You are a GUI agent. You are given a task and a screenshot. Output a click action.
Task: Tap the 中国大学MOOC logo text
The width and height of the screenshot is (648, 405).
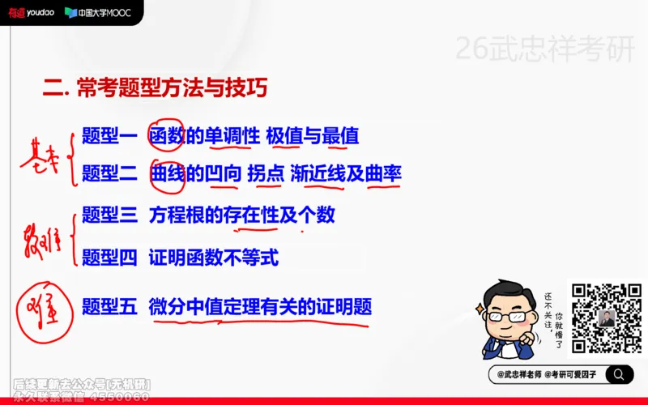(x=98, y=12)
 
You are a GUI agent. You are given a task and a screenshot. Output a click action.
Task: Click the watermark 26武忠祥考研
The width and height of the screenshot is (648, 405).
(x=545, y=50)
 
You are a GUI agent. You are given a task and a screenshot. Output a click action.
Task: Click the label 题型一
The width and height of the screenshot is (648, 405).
(x=109, y=136)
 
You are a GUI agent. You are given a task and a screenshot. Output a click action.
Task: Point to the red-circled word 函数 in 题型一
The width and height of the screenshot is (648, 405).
(x=168, y=136)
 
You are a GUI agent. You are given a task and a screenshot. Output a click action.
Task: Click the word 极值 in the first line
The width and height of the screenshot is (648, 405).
(x=283, y=136)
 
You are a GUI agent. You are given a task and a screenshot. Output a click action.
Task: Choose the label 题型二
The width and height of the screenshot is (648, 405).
(x=109, y=173)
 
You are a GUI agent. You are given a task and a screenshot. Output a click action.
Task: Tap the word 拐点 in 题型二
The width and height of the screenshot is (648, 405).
(x=265, y=173)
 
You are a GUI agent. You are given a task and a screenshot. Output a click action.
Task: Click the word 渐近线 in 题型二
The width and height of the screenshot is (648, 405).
(x=318, y=173)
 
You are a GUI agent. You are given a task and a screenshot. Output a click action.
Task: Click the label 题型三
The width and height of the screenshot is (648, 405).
(x=109, y=215)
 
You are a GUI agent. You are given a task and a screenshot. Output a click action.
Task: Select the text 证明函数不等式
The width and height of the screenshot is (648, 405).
(x=214, y=258)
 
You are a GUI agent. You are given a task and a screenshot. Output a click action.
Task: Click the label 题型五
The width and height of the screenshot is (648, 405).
(x=109, y=306)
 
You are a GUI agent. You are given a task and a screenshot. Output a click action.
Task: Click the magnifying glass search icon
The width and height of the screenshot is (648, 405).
(x=620, y=374)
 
